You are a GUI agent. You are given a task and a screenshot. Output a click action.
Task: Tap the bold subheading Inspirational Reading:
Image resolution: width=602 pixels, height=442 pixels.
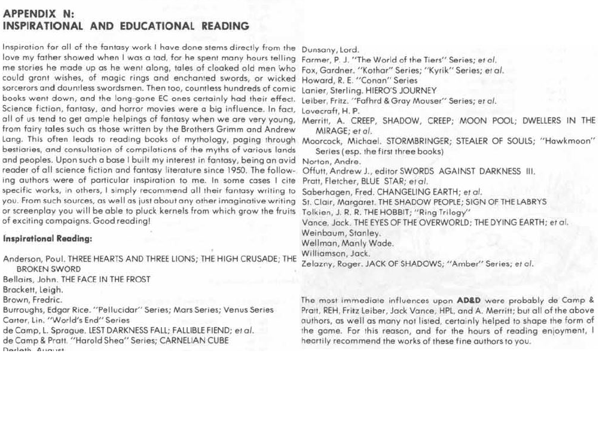coord(48,239)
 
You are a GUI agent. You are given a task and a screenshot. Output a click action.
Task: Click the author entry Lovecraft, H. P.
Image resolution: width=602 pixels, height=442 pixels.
coord(331,111)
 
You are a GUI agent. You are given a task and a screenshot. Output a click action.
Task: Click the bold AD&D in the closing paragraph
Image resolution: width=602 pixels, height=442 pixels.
coord(469,300)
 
